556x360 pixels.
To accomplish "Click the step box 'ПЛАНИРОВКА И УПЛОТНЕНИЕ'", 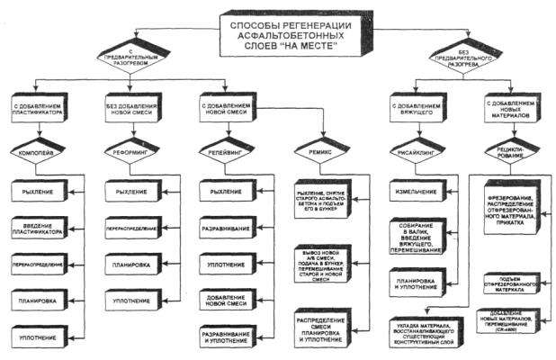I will (x=413, y=283).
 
